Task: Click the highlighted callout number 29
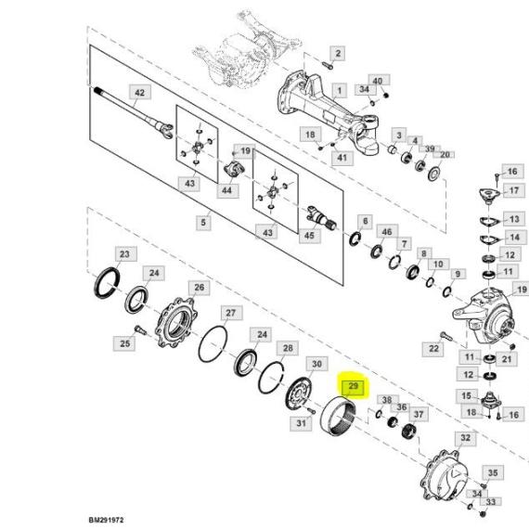tap(353, 386)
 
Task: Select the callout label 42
tap(139, 93)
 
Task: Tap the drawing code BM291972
tap(107, 520)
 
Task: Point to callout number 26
tap(199, 288)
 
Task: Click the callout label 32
tap(465, 438)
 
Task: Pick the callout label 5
tap(203, 223)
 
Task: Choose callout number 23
tap(125, 254)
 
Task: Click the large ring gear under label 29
tap(338, 417)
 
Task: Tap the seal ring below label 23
tap(107, 283)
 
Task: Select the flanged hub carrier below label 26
tap(176, 323)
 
